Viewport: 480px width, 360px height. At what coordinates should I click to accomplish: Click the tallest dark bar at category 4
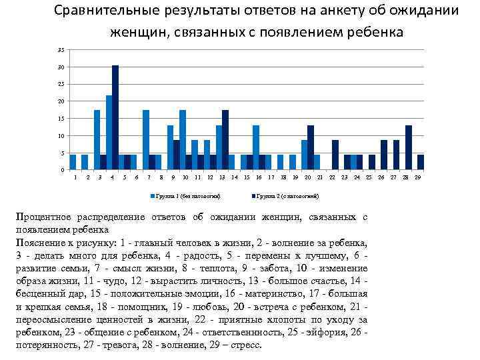tap(115, 117)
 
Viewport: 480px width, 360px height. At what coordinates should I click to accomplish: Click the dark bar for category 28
tap(409, 147)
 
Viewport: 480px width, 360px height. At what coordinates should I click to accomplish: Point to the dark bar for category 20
tap(311, 147)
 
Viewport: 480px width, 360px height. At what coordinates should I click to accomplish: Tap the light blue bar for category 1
tap(73, 162)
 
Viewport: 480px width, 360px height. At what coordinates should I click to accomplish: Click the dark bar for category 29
tap(421, 162)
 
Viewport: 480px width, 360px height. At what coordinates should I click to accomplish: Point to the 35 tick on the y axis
tap(61, 50)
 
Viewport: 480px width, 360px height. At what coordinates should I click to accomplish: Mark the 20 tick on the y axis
tap(61, 101)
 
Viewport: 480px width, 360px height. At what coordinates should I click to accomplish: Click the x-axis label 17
tap(271, 178)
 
